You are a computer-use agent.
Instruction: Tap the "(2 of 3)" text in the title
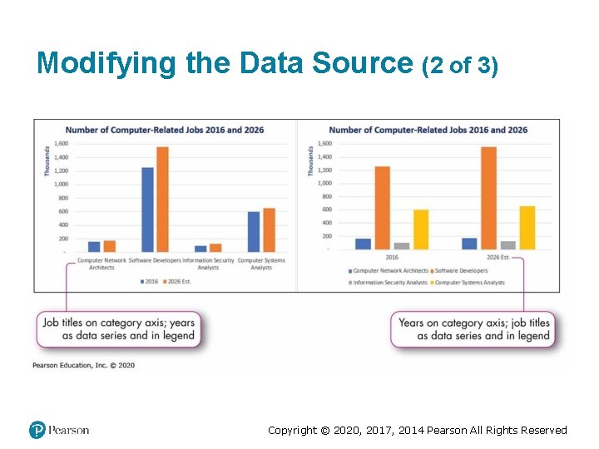point(461,65)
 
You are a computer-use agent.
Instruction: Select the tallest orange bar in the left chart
point(162,200)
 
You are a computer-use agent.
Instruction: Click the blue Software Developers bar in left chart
point(147,210)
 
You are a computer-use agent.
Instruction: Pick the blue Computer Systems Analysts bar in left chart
point(254,231)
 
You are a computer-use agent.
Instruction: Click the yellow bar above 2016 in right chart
point(421,229)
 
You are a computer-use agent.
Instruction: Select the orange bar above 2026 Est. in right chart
point(488,198)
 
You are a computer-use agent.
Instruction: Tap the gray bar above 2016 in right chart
point(402,245)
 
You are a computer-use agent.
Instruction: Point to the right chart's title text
point(428,130)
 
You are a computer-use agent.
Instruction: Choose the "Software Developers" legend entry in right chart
point(461,271)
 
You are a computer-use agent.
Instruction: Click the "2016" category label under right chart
point(392,257)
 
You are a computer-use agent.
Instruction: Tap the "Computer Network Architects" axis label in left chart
point(101,264)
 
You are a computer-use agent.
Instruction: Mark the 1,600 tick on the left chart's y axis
point(62,144)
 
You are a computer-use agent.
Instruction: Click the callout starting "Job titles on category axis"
point(117,329)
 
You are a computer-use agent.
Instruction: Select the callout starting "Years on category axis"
point(473,329)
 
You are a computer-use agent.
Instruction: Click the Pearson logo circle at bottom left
point(37,430)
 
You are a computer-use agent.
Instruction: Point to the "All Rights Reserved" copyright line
point(417,430)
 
